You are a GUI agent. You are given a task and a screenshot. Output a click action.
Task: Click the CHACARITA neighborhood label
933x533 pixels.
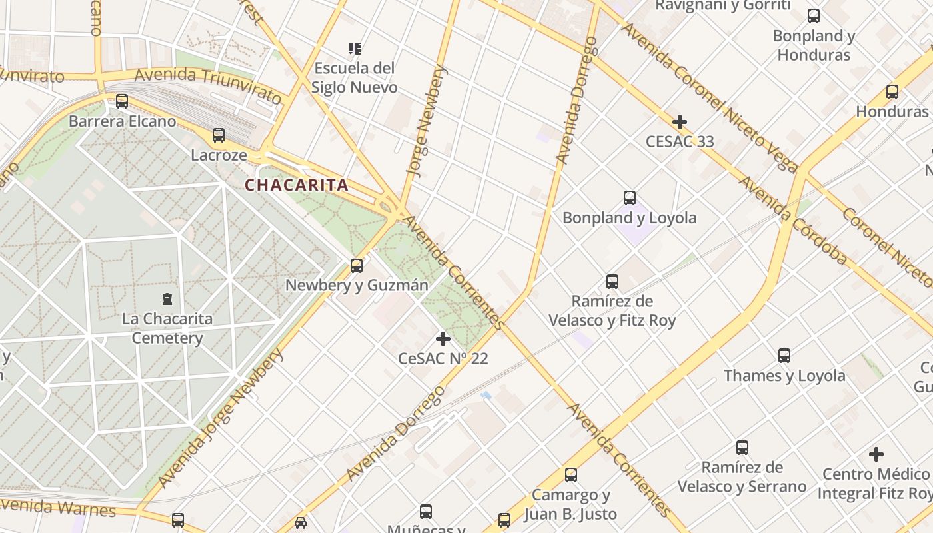pyautogui.click(x=297, y=185)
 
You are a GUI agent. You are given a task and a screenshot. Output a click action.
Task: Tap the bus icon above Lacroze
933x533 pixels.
pyautogui.click(x=219, y=135)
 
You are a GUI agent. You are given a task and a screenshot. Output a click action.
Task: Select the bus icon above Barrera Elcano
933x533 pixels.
pyautogui.click(x=122, y=101)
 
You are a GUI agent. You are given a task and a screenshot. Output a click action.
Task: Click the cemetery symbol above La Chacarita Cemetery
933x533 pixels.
pyautogui.click(x=167, y=299)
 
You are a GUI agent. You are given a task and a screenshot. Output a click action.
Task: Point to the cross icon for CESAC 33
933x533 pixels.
pyautogui.click(x=680, y=122)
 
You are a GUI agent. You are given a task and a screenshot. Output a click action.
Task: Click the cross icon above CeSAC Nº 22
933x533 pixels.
pyautogui.click(x=443, y=339)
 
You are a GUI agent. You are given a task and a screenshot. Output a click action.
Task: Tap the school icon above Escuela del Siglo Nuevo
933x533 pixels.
pyautogui.click(x=355, y=48)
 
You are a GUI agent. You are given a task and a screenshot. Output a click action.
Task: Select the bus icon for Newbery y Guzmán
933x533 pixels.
pyautogui.click(x=357, y=266)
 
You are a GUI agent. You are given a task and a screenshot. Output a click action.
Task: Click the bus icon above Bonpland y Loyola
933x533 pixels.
pyautogui.click(x=630, y=198)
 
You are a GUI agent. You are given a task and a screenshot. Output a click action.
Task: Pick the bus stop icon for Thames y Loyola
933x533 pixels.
pyautogui.click(x=784, y=356)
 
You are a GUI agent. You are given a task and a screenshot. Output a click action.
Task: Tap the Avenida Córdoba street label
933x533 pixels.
pyautogui.click(x=792, y=221)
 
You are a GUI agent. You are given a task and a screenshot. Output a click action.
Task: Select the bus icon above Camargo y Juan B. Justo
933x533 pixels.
pyautogui.click(x=571, y=475)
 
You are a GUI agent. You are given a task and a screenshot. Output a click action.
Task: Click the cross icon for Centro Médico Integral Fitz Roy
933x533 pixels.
pyautogui.click(x=876, y=454)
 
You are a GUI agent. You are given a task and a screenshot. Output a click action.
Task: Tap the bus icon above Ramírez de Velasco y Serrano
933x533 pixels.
pyautogui.click(x=742, y=448)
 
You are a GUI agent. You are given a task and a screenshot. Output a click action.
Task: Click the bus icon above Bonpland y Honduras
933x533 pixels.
pyautogui.click(x=814, y=16)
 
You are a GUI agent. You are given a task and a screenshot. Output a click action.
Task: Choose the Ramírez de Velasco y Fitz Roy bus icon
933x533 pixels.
pyautogui.click(x=612, y=282)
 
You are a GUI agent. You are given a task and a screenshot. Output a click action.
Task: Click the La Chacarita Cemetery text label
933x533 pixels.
pyautogui.click(x=167, y=328)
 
